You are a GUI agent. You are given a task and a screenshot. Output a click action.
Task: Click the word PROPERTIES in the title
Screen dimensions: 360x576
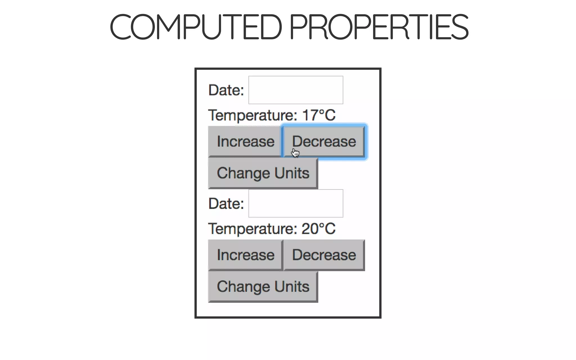click(x=379, y=27)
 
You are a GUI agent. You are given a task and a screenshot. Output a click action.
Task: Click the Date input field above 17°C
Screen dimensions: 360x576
click(x=296, y=90)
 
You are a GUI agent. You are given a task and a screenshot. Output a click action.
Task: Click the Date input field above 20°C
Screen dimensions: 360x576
click(x=296, y=203)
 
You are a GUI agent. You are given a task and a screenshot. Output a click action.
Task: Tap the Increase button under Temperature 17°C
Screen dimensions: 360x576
click(x=245, y=141)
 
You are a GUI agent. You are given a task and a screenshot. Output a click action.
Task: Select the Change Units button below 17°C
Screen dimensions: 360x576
click(x=263, y=173)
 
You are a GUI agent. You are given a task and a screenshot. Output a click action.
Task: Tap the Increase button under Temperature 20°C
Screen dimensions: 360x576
click(x=245, y=255)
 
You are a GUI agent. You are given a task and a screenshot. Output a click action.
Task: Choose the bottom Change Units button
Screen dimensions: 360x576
click(x=263, y=287)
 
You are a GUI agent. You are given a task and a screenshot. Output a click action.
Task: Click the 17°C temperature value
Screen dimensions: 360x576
click(x=319, y=115)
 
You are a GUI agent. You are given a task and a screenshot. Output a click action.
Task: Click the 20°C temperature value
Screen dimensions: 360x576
click(x=318, y=228)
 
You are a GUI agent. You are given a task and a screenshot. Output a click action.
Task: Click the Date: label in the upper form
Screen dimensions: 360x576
click(x=226, y=90)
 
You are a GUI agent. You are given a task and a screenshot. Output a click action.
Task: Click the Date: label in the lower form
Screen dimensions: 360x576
click(x=226, y=204)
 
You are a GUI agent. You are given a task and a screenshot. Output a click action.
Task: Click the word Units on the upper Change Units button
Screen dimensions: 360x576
click(x=292, y=173)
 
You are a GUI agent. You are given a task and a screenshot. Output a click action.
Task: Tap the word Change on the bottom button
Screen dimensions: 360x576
click(x=244, y=287)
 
